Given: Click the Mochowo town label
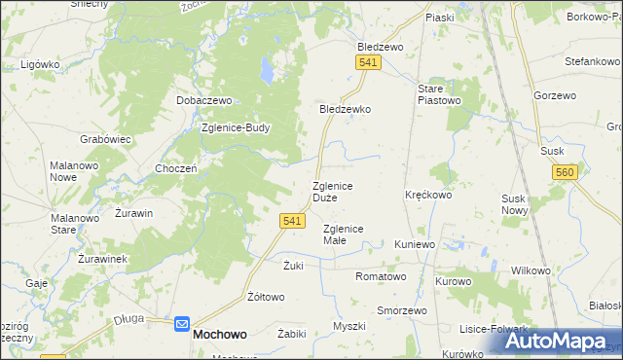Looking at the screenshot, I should tap(220, 333).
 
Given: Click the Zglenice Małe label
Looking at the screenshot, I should tap(343, 234).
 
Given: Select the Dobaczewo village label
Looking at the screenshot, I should tap(203, 100).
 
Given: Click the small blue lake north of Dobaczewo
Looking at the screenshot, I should tap(264, 71).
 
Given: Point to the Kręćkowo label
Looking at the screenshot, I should tap(428, 195).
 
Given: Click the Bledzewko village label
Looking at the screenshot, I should tap(346, 110).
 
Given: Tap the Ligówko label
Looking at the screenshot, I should tap(41, 64).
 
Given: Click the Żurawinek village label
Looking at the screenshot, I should tap(104, 260).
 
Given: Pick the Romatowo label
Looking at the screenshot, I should tap(381, 276).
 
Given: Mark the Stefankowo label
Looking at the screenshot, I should tap(593, 61).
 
